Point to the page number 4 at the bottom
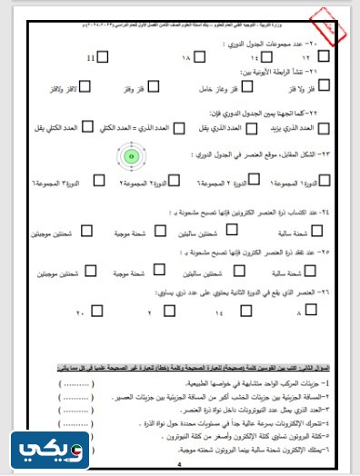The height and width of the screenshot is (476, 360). pyautogui.click(x=179, y=464)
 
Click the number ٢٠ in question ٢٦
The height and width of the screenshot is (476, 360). pyautogui.click(x=80, y=313)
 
